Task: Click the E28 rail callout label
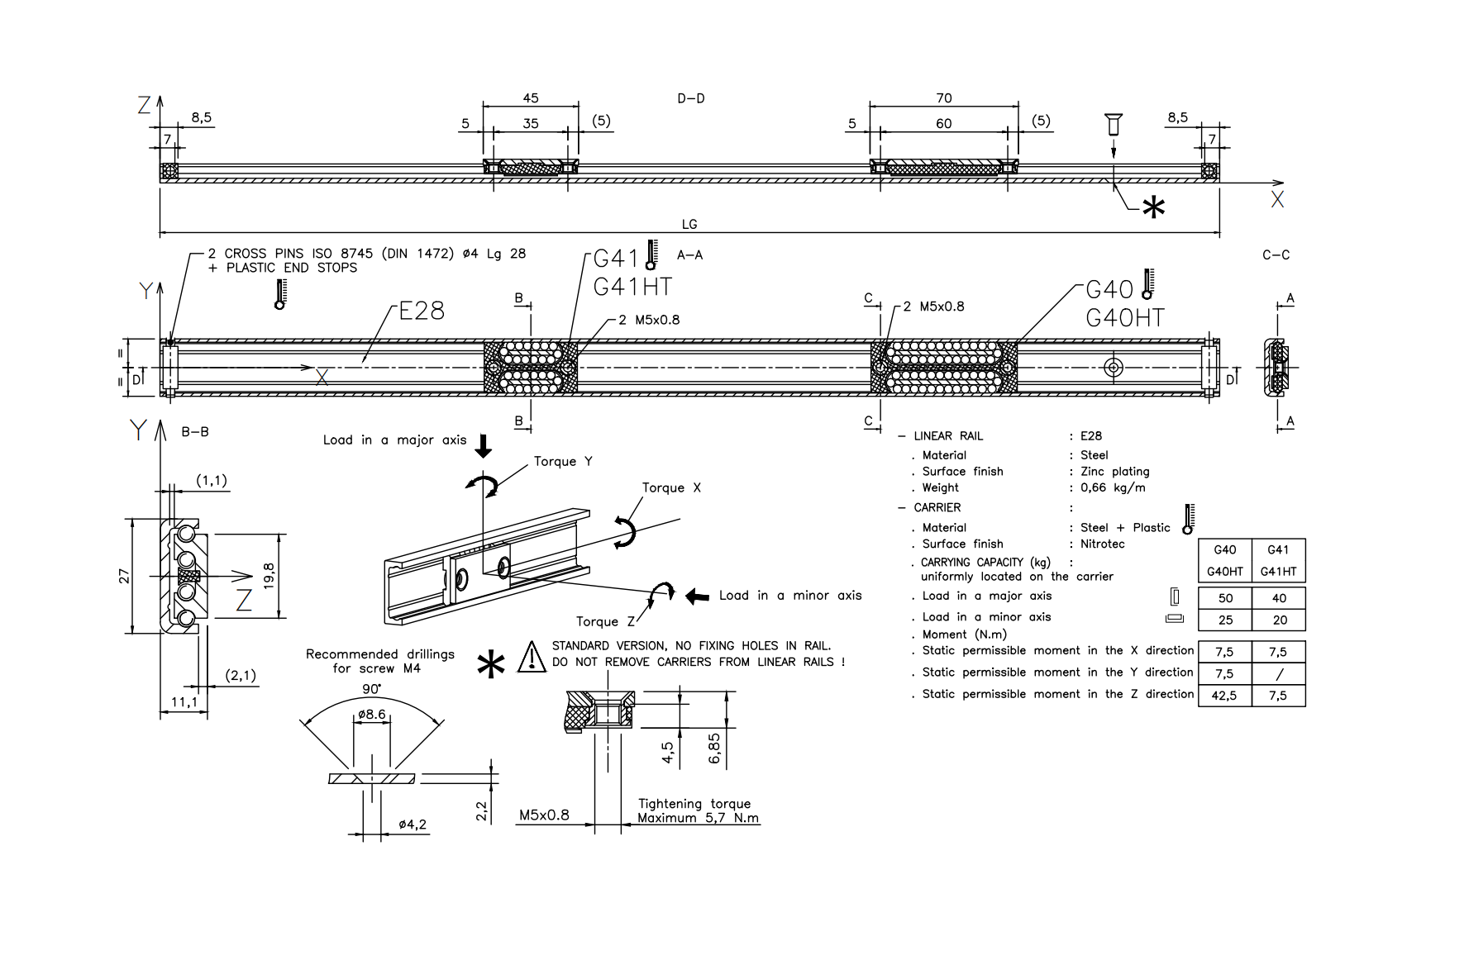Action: click(x=422, y=311)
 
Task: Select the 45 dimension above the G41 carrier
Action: click(x=531, y=98)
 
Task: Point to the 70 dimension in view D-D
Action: click(x=943, y=98)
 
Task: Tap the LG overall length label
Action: click(x=689, y=224)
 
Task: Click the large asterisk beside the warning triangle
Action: click(x=491, y=664)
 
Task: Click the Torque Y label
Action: click(x=563, y=461)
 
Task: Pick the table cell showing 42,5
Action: click(x=1224, y=696)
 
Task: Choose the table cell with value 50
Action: click(x=1225, y=598)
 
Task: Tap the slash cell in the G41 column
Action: click(x=1279, y=674)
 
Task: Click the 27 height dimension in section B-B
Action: click(x=124, y=576)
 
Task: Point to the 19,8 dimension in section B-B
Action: click(x=269, y=576)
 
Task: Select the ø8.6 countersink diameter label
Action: click(x=372, y=714)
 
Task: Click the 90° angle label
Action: click(x=371, y=689)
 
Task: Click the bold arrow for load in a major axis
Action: click(x=484, y=446)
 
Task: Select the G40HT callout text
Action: click(x=1124, y=318)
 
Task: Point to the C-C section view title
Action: click(x=1276, y=255)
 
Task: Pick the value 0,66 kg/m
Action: click(x=1113, y=487)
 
